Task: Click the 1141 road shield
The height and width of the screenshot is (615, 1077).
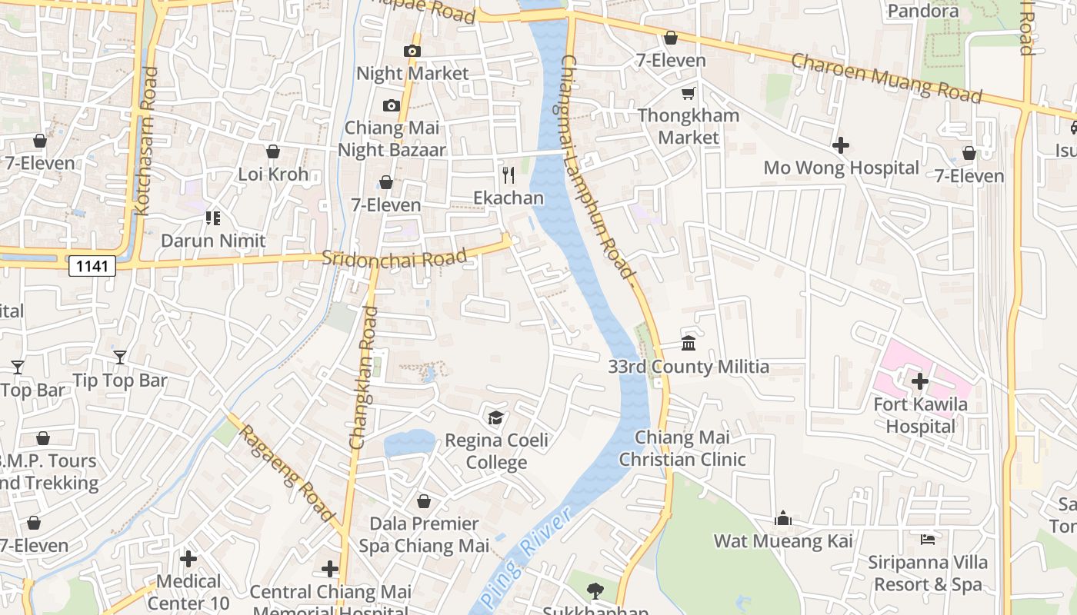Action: pyautogui.click(x=92, y=266)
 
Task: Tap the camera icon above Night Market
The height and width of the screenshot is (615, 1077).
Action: pyautogui.click(x=412, y=52)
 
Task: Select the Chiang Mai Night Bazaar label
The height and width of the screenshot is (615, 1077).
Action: pyautogui.click(x=392, y=138)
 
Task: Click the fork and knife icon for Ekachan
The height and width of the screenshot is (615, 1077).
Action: pyautogui.click(x=508, y=175)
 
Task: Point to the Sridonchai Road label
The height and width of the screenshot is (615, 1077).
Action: pyautogui.click(x=394, y=258)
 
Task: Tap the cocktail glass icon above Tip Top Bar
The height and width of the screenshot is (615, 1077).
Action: pyautogui.click(x=120, y=357)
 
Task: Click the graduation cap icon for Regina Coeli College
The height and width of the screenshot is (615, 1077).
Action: pyautogui.click(x=496, y=417)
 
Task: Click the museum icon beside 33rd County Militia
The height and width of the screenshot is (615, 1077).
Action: pyautogui.click(x=689, y=343)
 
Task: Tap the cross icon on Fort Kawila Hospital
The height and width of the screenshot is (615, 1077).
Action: pyautogui.click(x=920, y=381)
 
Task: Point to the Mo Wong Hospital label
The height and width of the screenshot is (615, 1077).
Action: pyautogui.click(x=841, y=168)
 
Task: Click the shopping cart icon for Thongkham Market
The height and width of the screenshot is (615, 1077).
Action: pyautogui.click(x=688, y=93)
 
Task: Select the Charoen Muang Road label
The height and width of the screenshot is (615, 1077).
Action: pyautogui.click(x=886, y=78)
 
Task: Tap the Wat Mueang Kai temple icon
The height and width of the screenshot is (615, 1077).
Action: pyautogui.click(x=783, y=518)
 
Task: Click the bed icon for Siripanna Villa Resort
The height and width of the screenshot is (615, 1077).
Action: pyautogui.click(x=928, y=540)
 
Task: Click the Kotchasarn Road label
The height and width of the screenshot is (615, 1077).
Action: pyautogui.click(x=145, y=140)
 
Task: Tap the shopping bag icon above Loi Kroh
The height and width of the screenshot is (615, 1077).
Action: pyautogui.click(x=272, y=151)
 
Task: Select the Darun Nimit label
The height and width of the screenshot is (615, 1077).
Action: pyautogui.click(x=213, y=241)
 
